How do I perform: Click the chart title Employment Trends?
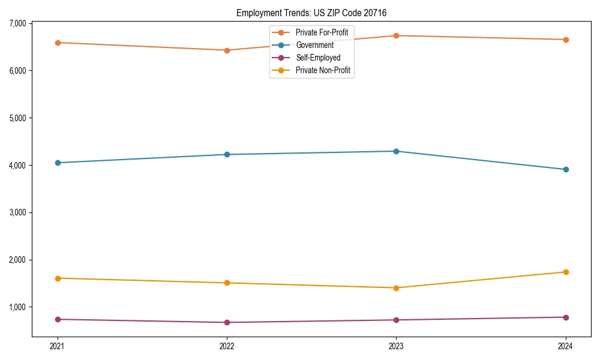coord(316,13)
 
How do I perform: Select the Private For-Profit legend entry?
coord(321,32)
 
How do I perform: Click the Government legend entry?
coord(314,45)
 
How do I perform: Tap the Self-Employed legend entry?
coord(317,58)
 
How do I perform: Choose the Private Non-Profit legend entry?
coord(322,71)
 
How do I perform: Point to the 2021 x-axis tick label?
coord(58,346)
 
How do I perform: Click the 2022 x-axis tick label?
coord(227,346)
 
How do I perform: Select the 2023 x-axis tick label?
coord(397,346)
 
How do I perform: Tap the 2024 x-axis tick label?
coord(566,346)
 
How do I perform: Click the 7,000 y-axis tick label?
coord(17,23)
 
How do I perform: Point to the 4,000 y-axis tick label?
coord(17,165)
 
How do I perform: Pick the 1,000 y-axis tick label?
coord(17,307)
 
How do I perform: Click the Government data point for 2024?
coord(566,169)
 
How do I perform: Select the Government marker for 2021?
coord(58,163)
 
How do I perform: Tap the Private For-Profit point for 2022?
coord(227,50)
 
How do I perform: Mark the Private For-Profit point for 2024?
coord(566,40)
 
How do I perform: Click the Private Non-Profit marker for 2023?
coord(397,288)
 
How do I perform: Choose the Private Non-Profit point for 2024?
coord(566,272)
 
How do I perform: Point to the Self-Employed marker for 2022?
coord(227,322)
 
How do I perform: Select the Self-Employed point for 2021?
coord(58,319)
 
